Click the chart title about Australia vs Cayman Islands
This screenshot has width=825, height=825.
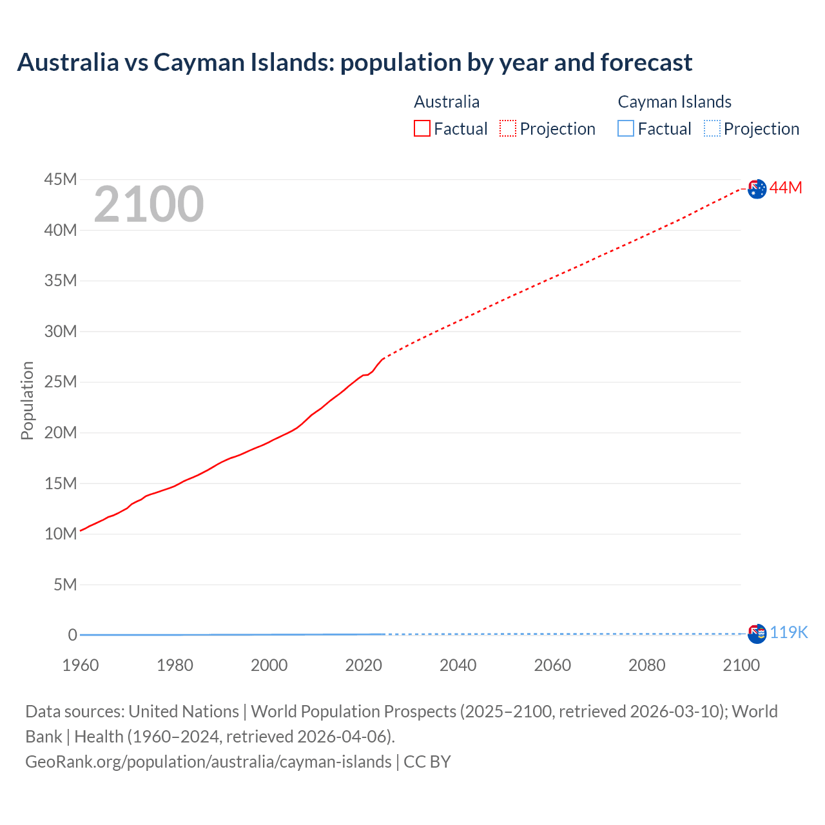pyautogui.click(x=354, y=63)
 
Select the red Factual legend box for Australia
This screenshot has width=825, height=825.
pyautogui.click(x=422, y=128)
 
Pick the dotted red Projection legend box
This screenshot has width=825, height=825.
pyautogui.click(x=508, y=128)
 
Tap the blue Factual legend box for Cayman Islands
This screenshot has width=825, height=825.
pyautogui.click(x=626, y=128)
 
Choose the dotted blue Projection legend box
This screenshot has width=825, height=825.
pyautogui.click(x=712, y=128)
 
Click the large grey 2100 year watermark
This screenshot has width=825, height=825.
pyautogui.click(x=149, y=204)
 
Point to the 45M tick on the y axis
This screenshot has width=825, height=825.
pyautogui.click(x=61, y=179)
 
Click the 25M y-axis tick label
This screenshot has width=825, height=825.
pyautogui.click(x=61, y=382)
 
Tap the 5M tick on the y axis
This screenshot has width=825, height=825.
pyautogui.click(x=65, y=585)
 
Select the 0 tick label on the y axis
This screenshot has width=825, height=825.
pyautogui.click(x=72, y=636)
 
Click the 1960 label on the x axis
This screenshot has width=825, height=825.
pyautogui.click(x=81, y=665)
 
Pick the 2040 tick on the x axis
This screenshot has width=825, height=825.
pyautogui.click(x=458, y=665)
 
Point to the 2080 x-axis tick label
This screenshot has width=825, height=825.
pyautogui.click(x=647, y=665)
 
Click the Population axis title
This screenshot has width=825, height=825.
pyautogui.click(x=27, y=400)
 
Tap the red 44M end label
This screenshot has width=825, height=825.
pyautogui.click(x=786, y=188)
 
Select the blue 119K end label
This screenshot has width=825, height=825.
pyautogui.click(x=788, y=632)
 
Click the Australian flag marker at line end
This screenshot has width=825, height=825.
pyautogui.click(x=757, y=189)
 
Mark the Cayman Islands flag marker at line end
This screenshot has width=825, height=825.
pyautogui.click(x=757, y=634)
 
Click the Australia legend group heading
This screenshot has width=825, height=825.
pyautogui.click(x=447, y=102)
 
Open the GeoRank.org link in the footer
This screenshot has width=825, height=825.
pyautogui.click(x=208, y=761)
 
